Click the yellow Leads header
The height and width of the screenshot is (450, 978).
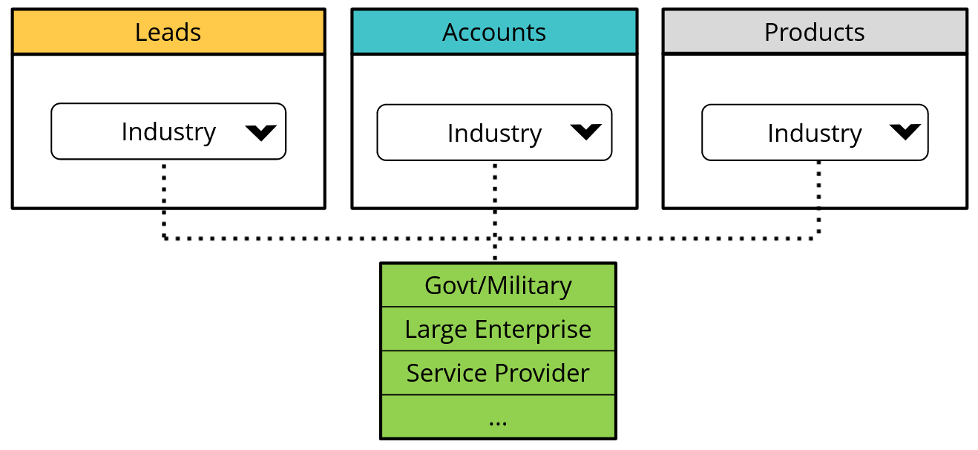point(168,32)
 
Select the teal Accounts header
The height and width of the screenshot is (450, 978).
point(494,32)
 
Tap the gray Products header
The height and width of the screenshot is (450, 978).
point(814,32)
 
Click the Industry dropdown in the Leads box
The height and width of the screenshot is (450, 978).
point(168,131)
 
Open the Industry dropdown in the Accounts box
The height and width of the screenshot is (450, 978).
point(494,133)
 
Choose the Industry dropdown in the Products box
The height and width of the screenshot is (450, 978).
point(814,133)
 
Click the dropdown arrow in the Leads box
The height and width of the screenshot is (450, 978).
point(260,132)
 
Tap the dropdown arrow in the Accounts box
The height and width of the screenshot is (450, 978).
point(586,132)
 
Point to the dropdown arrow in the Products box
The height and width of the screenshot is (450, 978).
point(905,132)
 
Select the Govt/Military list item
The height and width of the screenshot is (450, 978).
point(498,285)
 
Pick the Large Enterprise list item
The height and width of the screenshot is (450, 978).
point(498,329)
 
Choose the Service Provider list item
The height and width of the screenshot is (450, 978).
point(498,373)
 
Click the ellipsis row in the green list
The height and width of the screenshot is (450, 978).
point(498,417)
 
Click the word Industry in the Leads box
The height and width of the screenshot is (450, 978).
point(168,131)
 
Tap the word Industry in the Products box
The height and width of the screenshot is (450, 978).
point(814,133)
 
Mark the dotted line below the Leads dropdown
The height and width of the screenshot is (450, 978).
point(164,200)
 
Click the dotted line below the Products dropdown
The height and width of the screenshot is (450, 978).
point(818,200)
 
